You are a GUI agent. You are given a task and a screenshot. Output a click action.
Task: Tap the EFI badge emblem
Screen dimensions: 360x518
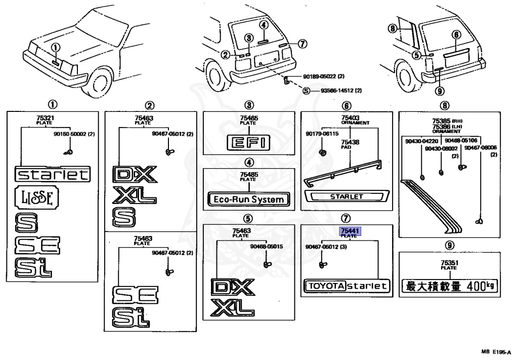(x=248, y=142)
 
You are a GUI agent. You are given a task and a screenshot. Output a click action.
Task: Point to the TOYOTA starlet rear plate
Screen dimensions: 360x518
(x=347, y=286)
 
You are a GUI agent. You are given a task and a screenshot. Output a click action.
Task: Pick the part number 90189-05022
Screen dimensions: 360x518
(x=320, y=76)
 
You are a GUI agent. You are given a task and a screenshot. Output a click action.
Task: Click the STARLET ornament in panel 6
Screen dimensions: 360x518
(x=347, y=196)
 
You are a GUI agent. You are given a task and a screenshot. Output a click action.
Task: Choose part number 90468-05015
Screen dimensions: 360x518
(x=266, y=247)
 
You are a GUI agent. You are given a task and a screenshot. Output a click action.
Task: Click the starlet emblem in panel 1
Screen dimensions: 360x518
(x=53, y=175)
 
